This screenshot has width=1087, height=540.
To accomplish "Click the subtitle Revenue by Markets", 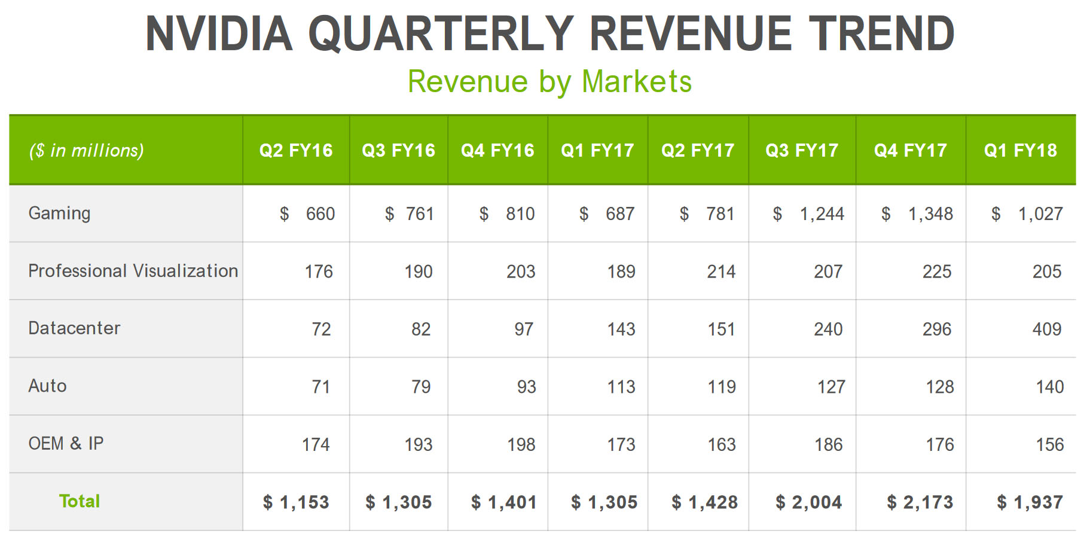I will [x=549, y=81].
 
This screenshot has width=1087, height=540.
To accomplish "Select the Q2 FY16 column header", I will [x=296, y=150].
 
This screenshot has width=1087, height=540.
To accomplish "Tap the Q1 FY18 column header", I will [x=1021, y=150].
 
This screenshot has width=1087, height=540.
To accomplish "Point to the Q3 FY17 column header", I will [x=802, y=150].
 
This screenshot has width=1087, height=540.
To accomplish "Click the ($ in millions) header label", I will [x=87, y=150].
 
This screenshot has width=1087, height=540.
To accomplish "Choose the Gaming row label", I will [x=59, y=213].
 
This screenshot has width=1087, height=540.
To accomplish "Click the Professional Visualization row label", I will [x=133, y=271].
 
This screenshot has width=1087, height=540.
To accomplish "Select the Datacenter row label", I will [x=74, y=328].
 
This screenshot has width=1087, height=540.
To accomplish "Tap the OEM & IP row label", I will [x=66, y=444].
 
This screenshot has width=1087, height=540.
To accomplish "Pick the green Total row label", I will [x=80, y=501].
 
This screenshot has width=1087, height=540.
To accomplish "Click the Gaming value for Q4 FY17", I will [x=930, y=213].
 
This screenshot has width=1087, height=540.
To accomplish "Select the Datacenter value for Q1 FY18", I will [x=1046, y=329].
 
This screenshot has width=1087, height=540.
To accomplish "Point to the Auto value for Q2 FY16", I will [x=320, y=387].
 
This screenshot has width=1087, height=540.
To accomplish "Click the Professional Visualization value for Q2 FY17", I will [x=721, y=271].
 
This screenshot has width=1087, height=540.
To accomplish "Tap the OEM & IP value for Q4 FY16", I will [x=521, y=444].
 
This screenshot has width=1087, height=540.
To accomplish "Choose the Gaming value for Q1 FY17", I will [x=619, y=213].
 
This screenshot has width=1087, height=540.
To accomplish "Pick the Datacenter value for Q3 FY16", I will [x=420, y=329].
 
